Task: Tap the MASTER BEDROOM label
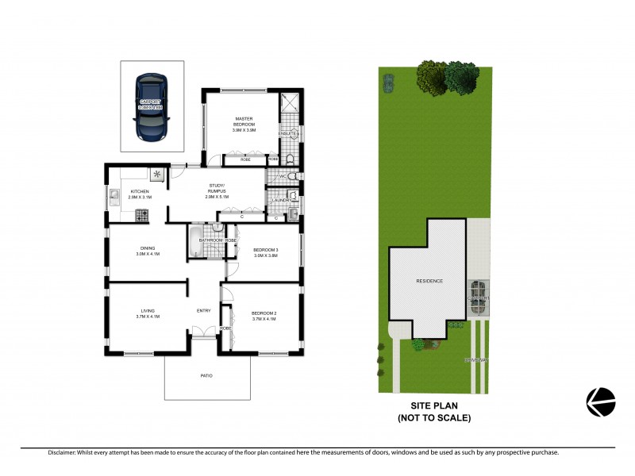(x=244, y=122)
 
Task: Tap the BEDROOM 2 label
(x=264, y=314)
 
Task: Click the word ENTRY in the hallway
(x=204, y=310)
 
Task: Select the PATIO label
(x=206, y=375)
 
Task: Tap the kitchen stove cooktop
(x=143, y=213)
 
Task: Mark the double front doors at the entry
(x=204, y=332)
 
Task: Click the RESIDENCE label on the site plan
(x=429, y=282)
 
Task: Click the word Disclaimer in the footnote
(x=61, y=452)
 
